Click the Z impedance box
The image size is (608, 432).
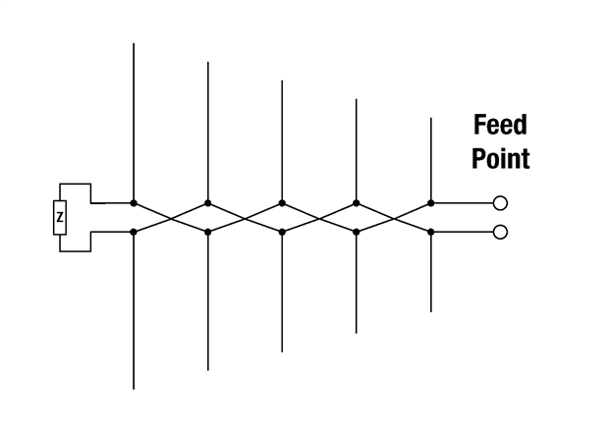[60, 218]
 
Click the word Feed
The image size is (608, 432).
[500, 125]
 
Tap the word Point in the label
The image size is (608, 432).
[501, 158]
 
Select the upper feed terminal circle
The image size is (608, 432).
[500, 203]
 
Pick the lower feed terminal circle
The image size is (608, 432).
[500, 232]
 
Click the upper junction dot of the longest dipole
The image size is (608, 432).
[134, 203]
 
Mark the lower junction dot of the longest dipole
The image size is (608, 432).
[134, 232]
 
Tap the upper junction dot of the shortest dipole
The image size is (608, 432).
[431, 203]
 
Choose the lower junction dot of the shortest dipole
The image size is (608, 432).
[431, 232]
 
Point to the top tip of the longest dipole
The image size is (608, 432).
[134, 43]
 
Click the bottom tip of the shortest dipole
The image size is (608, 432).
[431, 312]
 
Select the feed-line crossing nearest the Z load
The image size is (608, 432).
[171, 218]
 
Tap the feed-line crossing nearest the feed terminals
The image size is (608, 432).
[394, 218]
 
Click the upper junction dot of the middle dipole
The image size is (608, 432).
[282, 203]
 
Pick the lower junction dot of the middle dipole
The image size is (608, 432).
[282, 232]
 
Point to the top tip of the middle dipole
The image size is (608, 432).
[282, 81]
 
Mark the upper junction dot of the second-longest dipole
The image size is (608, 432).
[208, 203]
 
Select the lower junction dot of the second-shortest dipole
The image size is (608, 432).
[357, 232]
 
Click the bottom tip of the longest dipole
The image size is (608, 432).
[134, 389]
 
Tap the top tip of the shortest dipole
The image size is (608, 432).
[431, 118]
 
